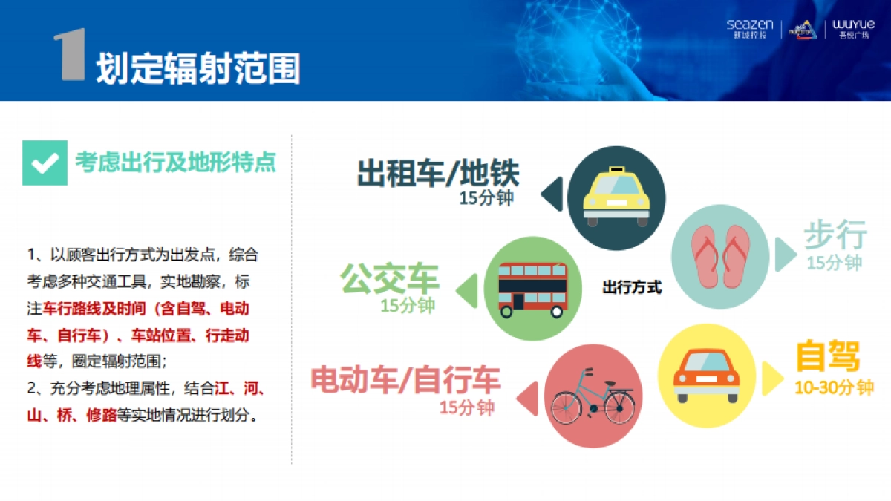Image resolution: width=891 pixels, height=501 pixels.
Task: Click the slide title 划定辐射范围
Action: point(198,68)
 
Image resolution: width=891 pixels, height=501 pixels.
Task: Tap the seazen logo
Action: point(749,29)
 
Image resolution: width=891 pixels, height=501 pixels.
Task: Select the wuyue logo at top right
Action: point(853,29)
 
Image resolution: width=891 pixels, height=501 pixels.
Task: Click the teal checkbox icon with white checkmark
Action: point(45,163)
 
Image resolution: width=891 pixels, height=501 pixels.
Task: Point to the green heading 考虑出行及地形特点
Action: point(175,163)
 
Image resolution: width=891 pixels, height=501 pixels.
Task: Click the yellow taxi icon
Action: point(616,197)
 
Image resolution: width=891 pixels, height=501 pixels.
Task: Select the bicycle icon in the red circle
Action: point(592,396)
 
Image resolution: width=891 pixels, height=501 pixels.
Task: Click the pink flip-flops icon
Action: point(720,256)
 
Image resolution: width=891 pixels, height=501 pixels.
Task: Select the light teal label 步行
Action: point(835,236)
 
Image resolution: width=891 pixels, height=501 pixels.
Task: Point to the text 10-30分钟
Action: point(833,388)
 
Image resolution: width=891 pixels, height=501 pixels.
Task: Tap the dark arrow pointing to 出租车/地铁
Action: point(552,195)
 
